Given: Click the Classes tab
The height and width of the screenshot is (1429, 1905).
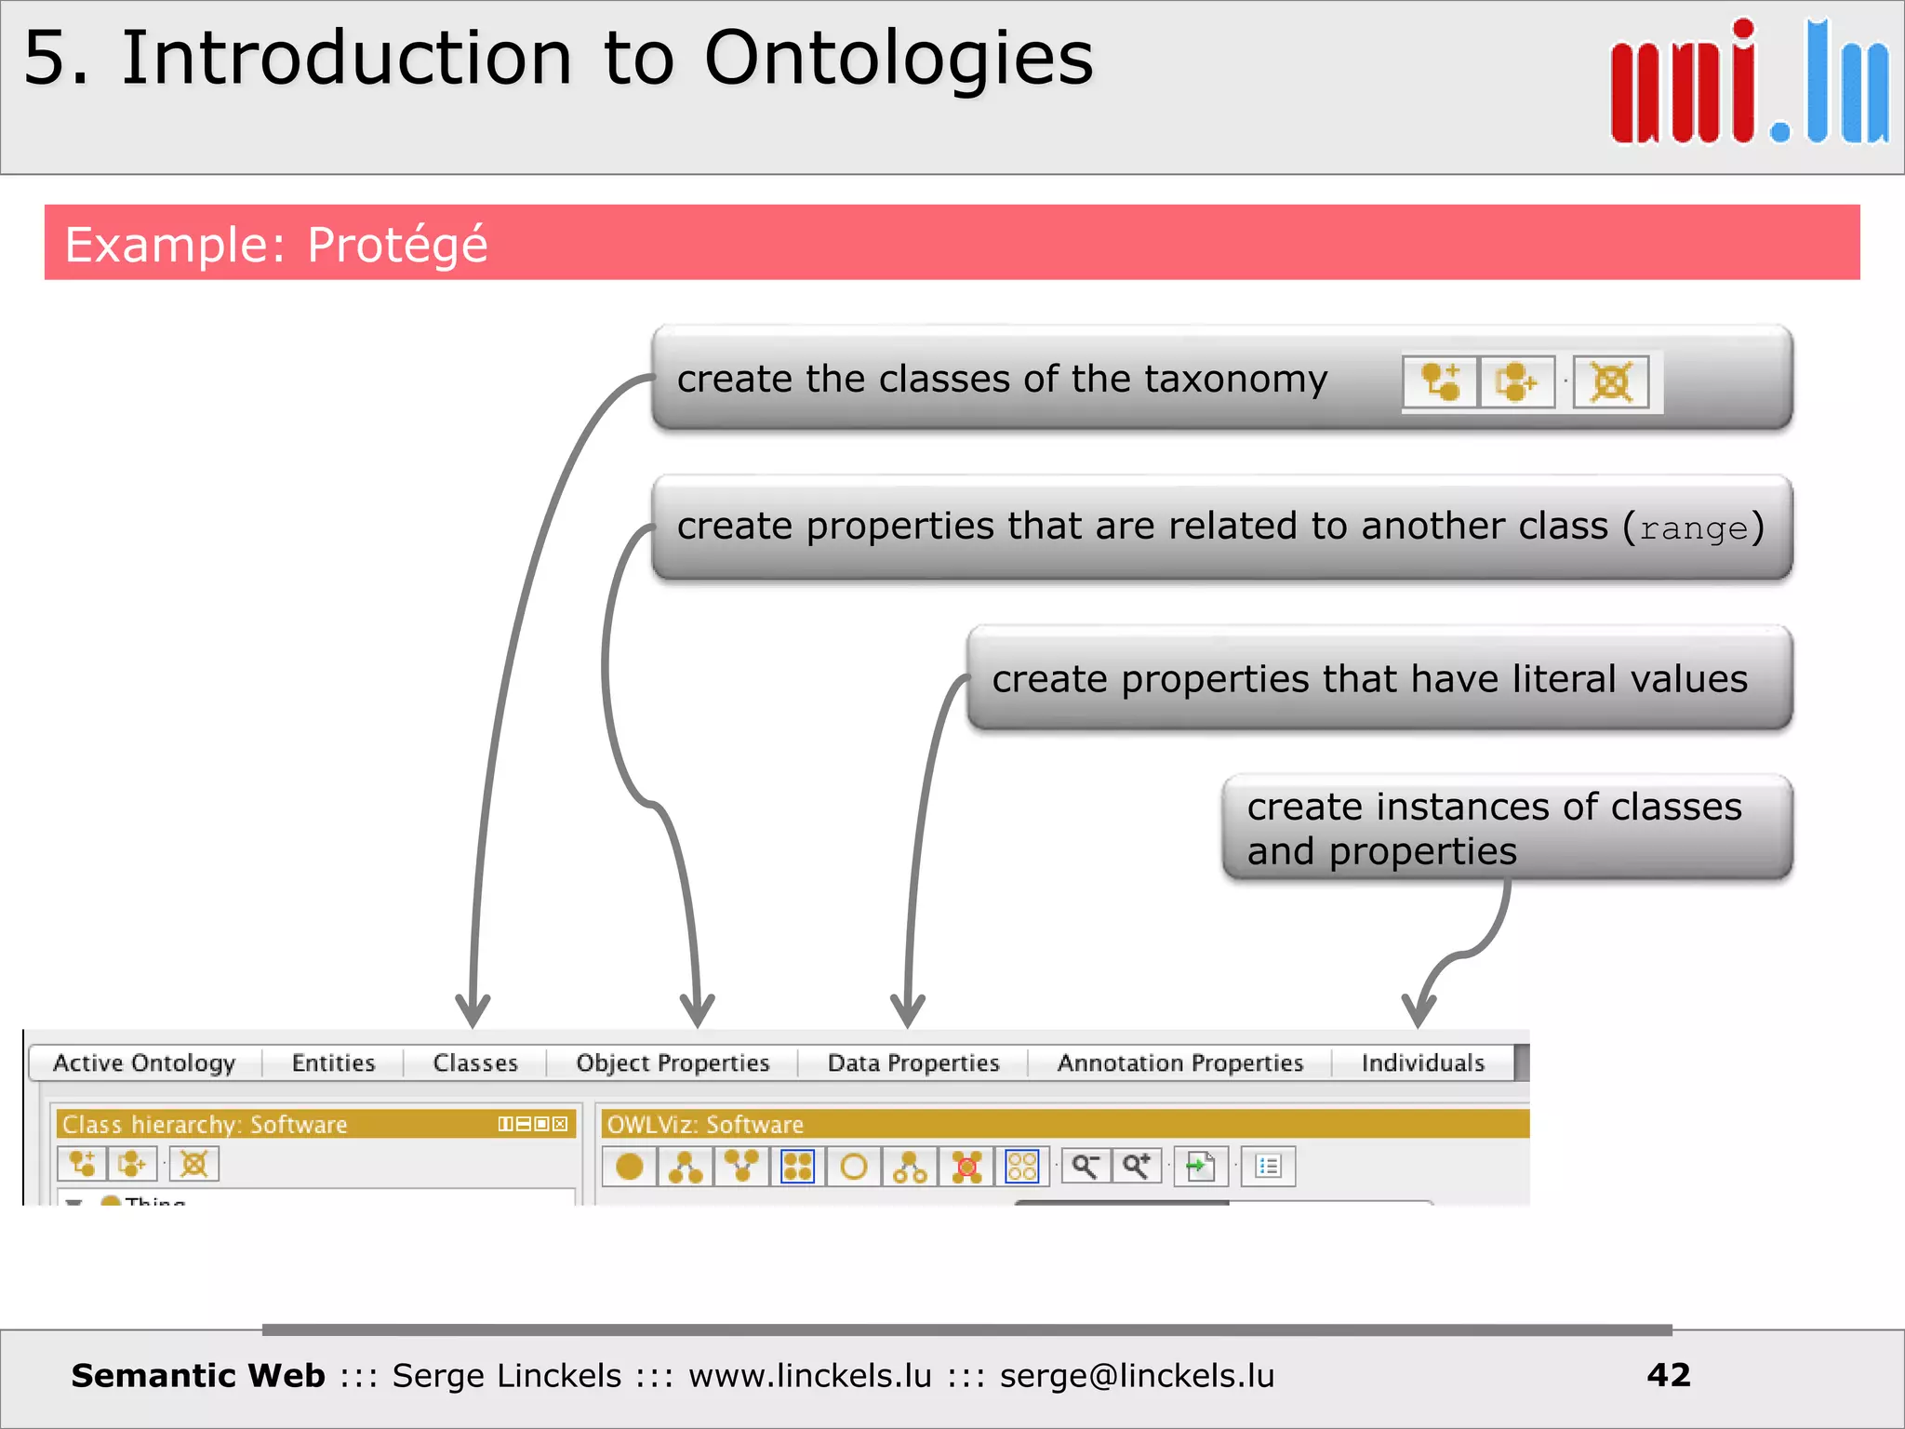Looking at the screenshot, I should pyautogui.click(x=474, y=1062).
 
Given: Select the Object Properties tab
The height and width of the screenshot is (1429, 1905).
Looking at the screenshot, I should pyautogui.click(x=673, y=1062).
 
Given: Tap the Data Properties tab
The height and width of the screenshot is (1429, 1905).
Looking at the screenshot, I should pyautogui.click(x=913, y=1062).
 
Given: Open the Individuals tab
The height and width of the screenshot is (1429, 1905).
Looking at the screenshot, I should pyautogui.click(x=1422, y=1062).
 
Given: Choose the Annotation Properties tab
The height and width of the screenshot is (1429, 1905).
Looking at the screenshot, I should pyautogui.click(x=1179, y=1062).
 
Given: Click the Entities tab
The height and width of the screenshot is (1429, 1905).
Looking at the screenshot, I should pyautogui.click(x=333, y=1062).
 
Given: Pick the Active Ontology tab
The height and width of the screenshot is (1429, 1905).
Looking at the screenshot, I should pyautogui.click(x=144, y=1062).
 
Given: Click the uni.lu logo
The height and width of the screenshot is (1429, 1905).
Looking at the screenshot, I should pyautogui.click(x=1749, y=84).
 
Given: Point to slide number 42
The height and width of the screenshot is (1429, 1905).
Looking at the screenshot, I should pyautogui.click(x=1668, y=1375).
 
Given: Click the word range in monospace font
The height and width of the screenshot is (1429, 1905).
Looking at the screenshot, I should pyautogui.click(x=1693, y=529).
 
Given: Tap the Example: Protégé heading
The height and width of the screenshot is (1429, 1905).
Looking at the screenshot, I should pyautogui.click(x=276, y=245).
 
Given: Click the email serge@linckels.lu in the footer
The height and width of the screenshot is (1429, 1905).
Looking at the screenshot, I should pyautogui.click(x=1137, y=1375).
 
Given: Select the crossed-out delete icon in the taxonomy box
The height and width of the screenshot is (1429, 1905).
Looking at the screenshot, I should pyautogui.click(x=1611, y=381).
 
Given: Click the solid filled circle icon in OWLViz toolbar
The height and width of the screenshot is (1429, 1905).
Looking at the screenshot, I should pyautogui.click(x=630, y=1166).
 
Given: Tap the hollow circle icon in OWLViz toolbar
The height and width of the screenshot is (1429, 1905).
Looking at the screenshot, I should pyautogui.click(x=853, y=1166).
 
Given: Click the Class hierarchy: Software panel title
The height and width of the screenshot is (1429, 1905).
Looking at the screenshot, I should pyautogui.click(x=205, y=1124).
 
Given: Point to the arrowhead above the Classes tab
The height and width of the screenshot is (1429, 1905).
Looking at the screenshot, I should pyautogui.click(x=473, y=1010).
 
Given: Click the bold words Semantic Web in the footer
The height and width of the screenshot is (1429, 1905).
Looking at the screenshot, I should pyautogui.click(x=198, y=1375).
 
